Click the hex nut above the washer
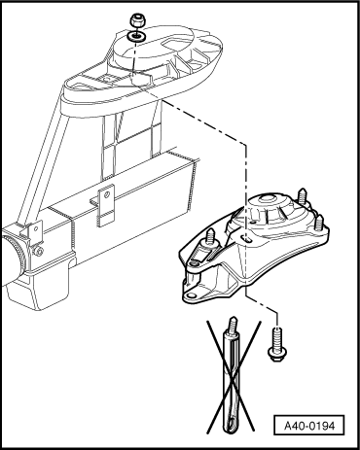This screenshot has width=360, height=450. (137, 21)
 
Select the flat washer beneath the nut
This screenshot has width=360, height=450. (136, 36)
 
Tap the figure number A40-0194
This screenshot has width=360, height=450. (309, 426)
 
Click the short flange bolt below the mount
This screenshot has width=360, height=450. (276, 344)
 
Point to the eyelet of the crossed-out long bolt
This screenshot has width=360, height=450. (232, 424)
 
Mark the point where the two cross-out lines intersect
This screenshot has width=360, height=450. (232, 377)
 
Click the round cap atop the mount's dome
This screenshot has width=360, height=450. (269, 197)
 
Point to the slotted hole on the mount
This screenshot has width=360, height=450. (247, 239)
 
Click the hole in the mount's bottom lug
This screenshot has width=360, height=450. (192, 295)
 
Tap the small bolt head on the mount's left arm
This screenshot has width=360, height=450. (194, 264)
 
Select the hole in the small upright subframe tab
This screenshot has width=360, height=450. (106, 195)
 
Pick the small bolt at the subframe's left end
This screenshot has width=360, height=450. (39, 251)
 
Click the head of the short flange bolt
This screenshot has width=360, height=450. (277, 354)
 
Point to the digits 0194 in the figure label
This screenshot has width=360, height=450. (322, 426)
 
